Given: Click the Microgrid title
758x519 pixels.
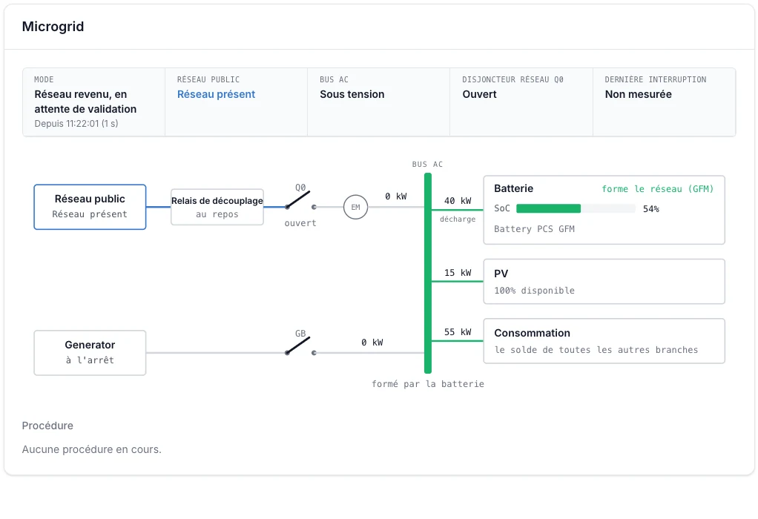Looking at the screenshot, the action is [x=53, y=27].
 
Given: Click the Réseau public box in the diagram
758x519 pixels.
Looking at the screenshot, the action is [x=90, y=207].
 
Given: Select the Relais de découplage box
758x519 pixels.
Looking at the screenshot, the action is [x=217, y=207].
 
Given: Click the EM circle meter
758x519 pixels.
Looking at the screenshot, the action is [x=356, y=208].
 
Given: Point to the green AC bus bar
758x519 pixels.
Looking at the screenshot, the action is [x=428, y=273].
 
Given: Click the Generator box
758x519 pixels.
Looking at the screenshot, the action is [x=90, y=353].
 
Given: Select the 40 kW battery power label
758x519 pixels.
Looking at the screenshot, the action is [x=458, y=200].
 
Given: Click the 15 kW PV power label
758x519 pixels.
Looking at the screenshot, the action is [x=458, y=273].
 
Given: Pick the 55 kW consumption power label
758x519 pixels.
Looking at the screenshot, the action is [x=458, y=332].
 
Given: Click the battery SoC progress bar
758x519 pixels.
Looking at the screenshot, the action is [x=576, y=208].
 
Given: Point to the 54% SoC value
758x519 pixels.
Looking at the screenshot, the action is [x=650, y=209].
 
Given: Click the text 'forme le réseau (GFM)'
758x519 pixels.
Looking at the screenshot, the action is [x=657, y=189].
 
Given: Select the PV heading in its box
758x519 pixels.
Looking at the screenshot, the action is [x=501, y=274].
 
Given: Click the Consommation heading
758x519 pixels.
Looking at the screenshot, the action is [x=532, y=333].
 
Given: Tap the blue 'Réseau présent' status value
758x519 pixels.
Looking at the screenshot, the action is [x=216, y=94].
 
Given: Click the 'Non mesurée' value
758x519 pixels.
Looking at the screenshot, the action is [x=638, y=94].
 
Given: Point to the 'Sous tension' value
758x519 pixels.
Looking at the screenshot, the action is [x=352, y=94].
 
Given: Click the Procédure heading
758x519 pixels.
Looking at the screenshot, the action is [x=47, y=426].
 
